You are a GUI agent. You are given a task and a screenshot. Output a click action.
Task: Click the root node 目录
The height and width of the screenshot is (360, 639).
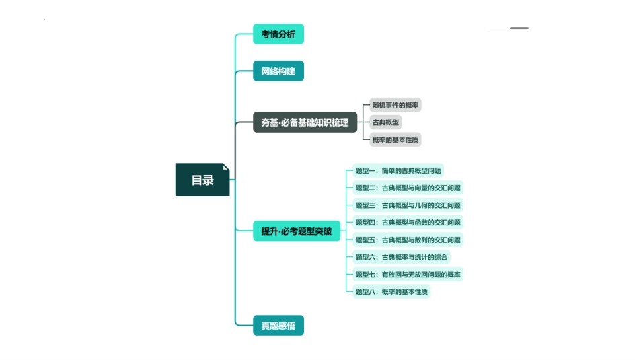[202, 180]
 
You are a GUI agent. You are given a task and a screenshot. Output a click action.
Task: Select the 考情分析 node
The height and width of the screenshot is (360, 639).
[278, 34]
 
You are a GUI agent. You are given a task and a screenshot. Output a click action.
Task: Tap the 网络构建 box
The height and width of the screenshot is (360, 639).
[278, 71]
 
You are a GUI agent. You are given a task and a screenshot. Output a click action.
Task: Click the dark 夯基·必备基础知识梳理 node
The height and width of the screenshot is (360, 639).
[305, 122]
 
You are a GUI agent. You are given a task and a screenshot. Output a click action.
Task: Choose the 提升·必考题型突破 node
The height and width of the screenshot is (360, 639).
[296, 231]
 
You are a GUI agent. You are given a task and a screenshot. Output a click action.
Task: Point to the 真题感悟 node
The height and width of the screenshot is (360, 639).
[278, 326]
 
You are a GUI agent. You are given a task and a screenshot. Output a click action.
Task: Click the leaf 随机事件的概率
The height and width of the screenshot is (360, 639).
[396, 105]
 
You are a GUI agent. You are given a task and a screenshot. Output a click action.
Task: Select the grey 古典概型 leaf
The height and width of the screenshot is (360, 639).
[386, 122]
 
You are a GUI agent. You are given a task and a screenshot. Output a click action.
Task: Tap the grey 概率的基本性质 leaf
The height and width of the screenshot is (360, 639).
[396, 139]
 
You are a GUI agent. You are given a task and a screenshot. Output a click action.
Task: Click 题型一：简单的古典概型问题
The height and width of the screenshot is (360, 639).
[398, 171]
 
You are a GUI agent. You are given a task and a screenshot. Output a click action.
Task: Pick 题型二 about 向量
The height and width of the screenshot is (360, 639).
[408, 188]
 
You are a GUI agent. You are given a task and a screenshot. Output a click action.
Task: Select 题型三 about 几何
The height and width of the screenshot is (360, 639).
[408, 205]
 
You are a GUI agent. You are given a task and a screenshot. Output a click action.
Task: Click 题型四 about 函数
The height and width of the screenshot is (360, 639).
[408, 222]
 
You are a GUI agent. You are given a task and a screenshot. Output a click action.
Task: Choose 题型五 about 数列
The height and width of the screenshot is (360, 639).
[408, 240]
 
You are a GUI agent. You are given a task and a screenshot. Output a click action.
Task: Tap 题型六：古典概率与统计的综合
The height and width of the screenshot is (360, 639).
[402, 256]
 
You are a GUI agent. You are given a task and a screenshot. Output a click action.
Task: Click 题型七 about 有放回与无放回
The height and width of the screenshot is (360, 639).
[408, 274]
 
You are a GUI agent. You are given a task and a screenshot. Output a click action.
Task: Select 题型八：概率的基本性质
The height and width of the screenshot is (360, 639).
[391, 291]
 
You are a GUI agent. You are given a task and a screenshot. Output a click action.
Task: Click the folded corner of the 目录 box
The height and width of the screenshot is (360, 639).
[226, 166]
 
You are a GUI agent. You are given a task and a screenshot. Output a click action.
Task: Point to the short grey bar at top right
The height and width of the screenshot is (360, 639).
[519, 28]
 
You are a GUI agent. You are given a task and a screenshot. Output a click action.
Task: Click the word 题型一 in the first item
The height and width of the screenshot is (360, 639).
[366, 171]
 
